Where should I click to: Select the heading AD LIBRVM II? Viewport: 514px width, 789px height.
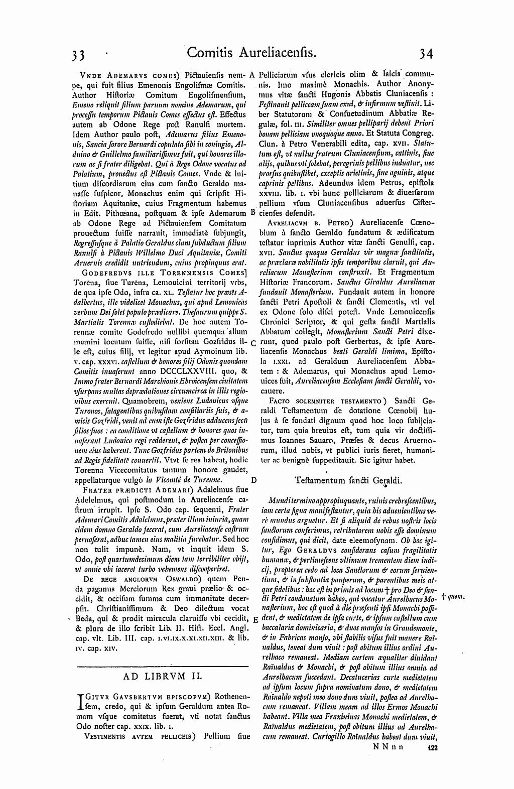click(x=162, y=676)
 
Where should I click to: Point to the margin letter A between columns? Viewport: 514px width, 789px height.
click(x=253, y=74)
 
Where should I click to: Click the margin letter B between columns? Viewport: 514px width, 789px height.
click(x=253, y=212)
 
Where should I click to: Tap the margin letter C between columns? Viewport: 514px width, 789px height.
click(x=253, y=343)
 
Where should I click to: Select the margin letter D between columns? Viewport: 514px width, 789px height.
click(x=253, y=480)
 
